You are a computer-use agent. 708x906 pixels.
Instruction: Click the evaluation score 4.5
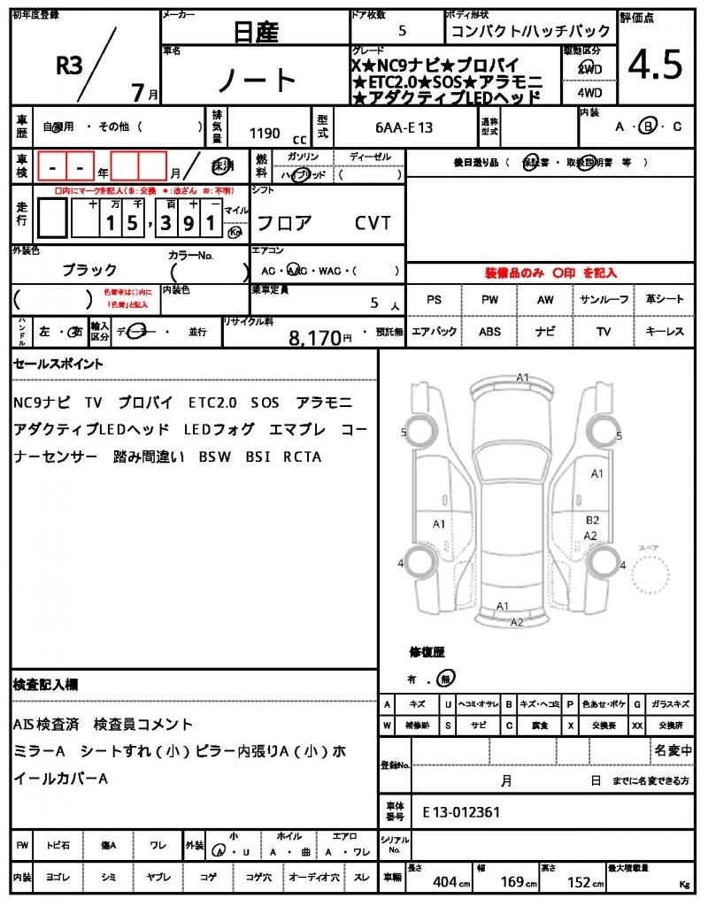pyautogui.click(x=655, y=65)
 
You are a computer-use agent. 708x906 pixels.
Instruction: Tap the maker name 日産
pyautogui.click(x=256, y=33)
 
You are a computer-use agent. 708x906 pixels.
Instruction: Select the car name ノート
pyautogui.click(x=257, y=81)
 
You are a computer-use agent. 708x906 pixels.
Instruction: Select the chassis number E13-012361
pyautogui.click(x=461, y=810)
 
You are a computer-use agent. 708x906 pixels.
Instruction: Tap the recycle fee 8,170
pyautogui.click(x=316, y=337)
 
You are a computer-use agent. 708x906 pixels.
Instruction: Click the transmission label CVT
pyautogui.click(x=373, y=223)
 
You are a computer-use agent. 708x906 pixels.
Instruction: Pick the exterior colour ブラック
pyautogui.click(x=89, y=270)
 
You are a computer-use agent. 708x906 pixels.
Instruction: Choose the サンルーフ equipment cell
pyautogui.click(x=605, y=300)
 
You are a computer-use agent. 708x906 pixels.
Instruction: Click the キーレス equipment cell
pyautogui.click(x=665, y=331)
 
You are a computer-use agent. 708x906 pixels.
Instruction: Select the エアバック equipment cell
pyautogui.click(x=434, y=331)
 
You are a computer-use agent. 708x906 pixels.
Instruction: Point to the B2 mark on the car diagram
pyautogui.click(x=592, y=520)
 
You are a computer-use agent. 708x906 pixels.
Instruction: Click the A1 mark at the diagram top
pyautogui.click(x=523, y=378)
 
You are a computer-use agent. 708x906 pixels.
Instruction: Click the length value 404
pyautogui.click(x=444, y=882)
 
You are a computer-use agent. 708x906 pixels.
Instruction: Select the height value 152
pyautogui.click(x=579, y=882)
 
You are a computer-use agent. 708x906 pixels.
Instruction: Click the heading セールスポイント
pyautogui.click(x=58, y=364)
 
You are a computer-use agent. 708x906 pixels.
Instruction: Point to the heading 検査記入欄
pyautogui.click(x=45, y=684)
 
